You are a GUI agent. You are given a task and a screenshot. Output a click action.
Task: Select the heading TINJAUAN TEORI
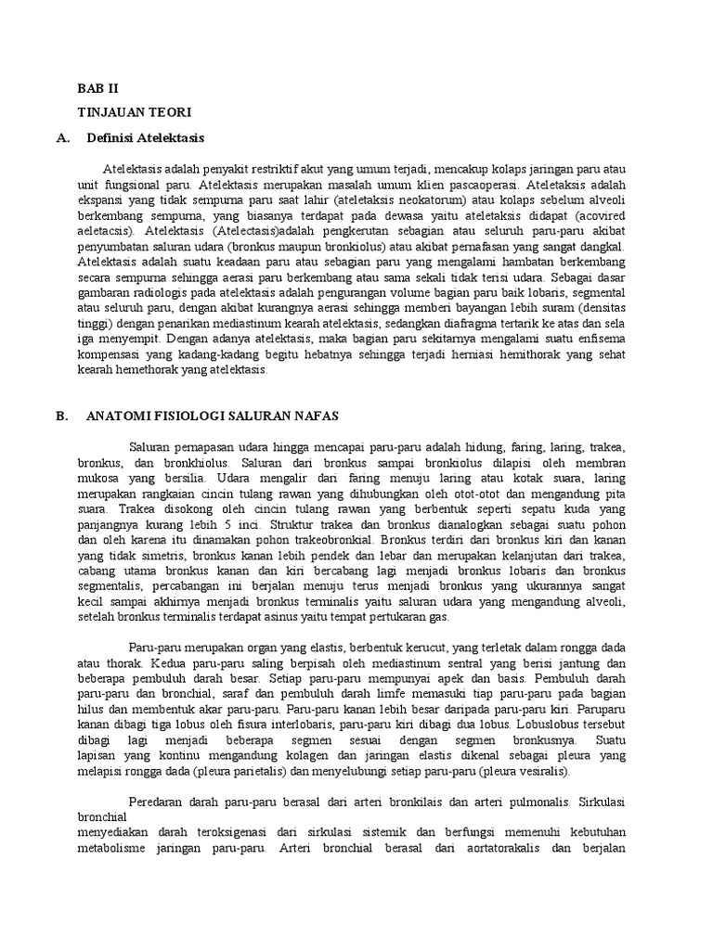coord(133,112)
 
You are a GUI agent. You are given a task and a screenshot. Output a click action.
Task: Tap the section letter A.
coord(62,137)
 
